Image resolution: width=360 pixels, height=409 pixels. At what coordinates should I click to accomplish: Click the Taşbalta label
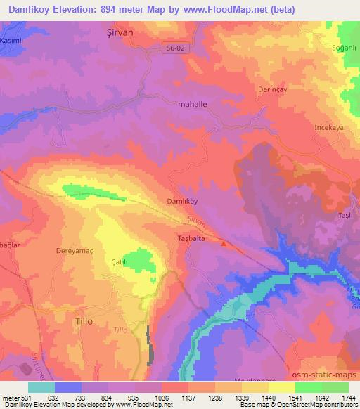(188, 238)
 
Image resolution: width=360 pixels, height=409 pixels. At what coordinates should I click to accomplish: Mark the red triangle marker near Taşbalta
(224, 244)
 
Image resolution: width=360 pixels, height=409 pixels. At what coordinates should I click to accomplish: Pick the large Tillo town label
(83, 320)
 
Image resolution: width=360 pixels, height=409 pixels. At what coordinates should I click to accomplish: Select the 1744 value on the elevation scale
(347, 398)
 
